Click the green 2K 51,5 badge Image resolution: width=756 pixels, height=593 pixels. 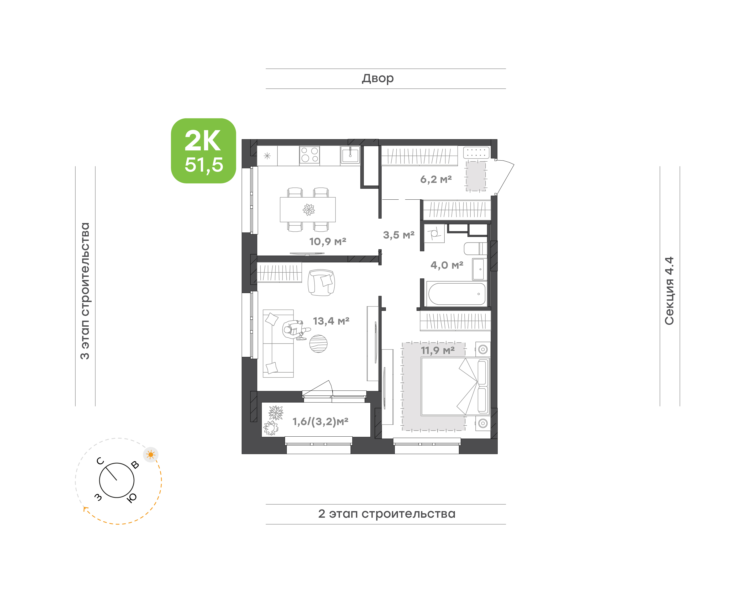coord(203,151)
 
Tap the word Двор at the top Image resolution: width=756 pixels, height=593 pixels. coord(377,79)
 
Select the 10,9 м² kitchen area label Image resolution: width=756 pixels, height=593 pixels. coord(328,241)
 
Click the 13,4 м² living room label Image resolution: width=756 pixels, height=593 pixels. coord(331,321)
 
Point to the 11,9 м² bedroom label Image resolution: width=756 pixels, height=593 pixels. coord(438,350)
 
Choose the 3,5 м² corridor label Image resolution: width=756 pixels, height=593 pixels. coord(399,235)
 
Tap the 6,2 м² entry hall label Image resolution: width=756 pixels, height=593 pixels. coord(436,179)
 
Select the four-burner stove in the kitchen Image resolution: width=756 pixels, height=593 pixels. coord(309,155)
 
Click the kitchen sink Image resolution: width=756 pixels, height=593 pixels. coord(350,155)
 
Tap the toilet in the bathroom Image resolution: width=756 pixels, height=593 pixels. coord(475,248)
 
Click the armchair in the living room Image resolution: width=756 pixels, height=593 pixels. coord(321,283)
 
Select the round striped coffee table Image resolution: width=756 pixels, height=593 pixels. coord(318,344)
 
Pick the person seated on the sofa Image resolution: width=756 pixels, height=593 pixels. coord(295,330)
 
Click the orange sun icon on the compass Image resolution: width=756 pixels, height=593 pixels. coord(151,454)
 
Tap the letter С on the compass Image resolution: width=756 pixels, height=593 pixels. coord(100,461)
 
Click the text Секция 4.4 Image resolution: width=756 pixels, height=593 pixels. coord(669,291)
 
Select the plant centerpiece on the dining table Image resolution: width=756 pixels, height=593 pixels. coord(309,210)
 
